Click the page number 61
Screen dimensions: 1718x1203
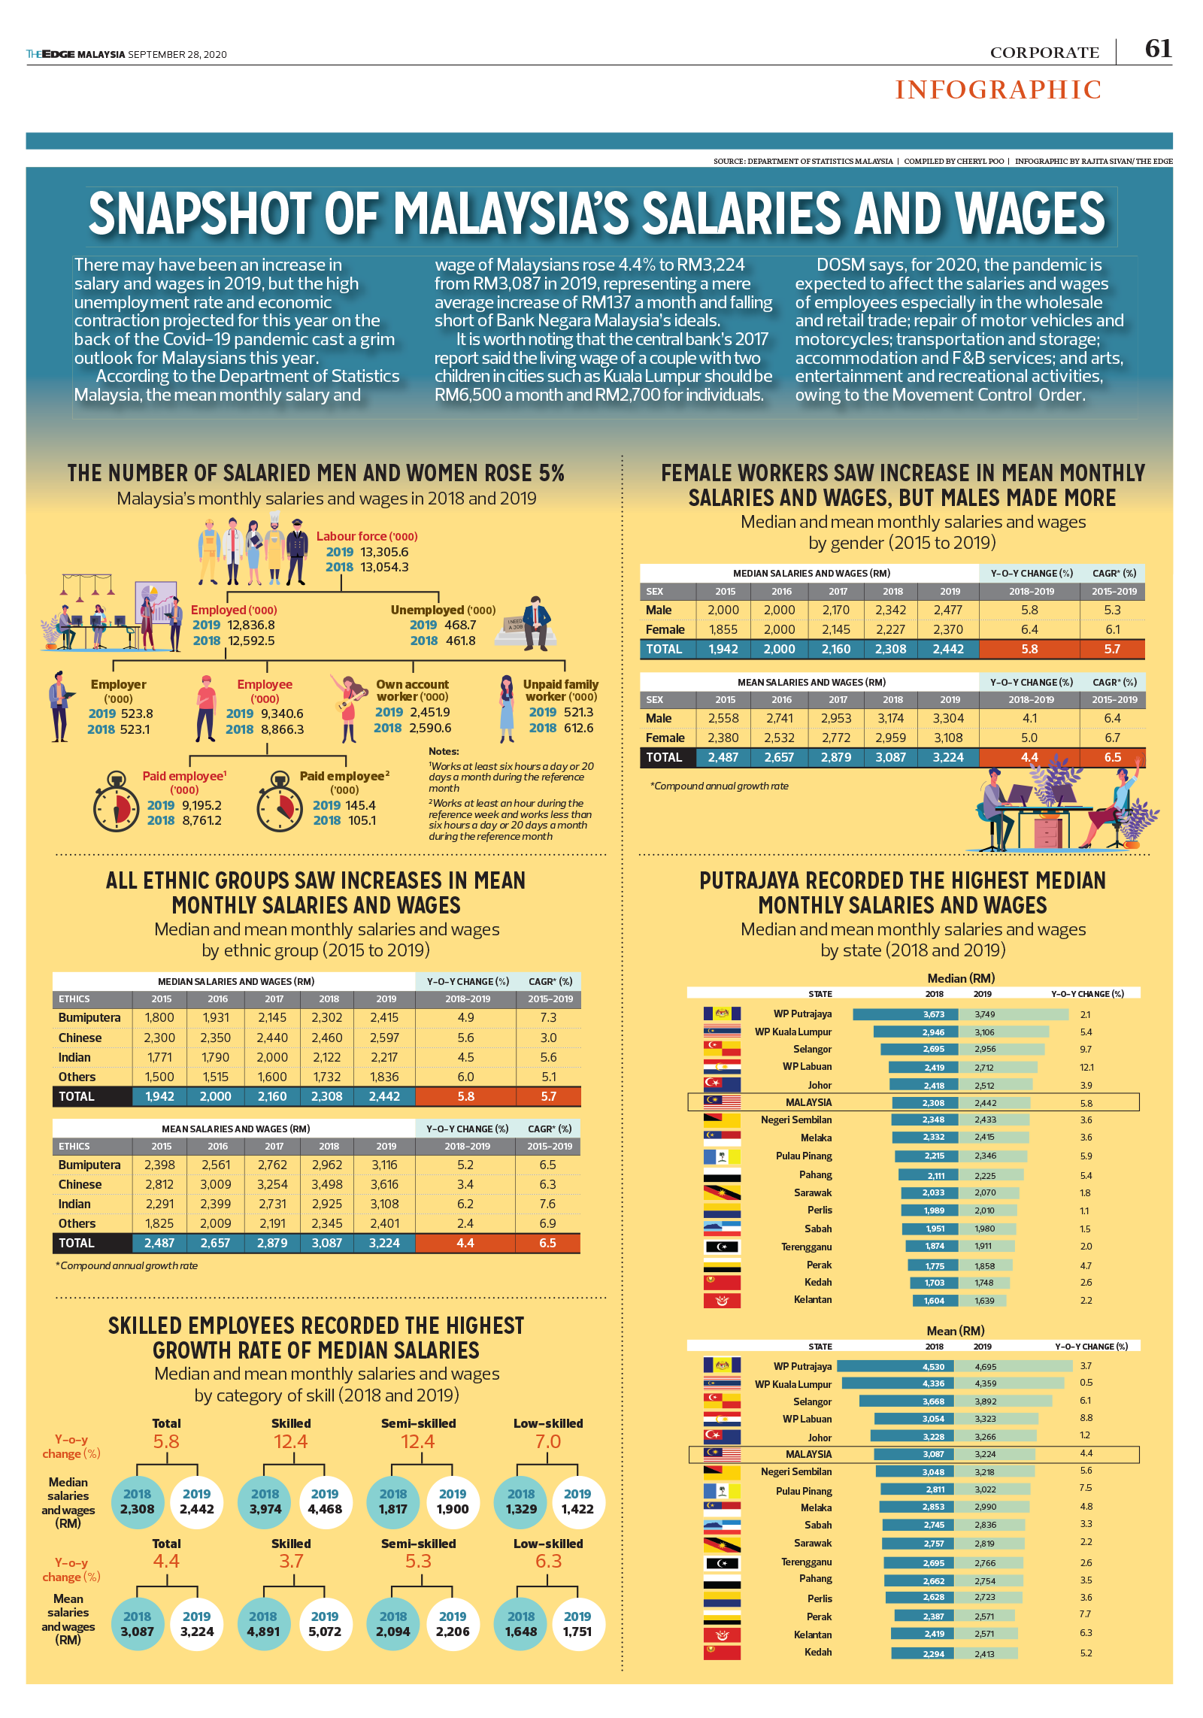click(x=1157, y=49)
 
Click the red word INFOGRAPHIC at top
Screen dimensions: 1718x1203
click(x=998, y=90)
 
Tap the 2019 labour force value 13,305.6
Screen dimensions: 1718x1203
click(x=384, y=552)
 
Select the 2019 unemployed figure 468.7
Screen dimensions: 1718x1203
click(x=460, y=625)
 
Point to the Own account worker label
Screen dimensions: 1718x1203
click(x=412, y=690)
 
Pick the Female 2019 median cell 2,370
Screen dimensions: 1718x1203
click(x=948, y=629)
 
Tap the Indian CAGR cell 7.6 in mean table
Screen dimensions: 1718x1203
click(x=547, y=1204)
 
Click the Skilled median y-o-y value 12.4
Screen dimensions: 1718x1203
click(x=290, y=1441)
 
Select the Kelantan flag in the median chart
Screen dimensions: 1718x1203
click(x=722, y=1301)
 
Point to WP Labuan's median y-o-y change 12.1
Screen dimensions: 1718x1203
click(x=1086, y=1068)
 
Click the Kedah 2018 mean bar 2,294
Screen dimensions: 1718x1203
click(x=923, y=1654)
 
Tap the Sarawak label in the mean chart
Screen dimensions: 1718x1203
click(x=813, y=1543)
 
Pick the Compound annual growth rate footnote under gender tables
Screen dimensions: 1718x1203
click(x=720, y=786)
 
